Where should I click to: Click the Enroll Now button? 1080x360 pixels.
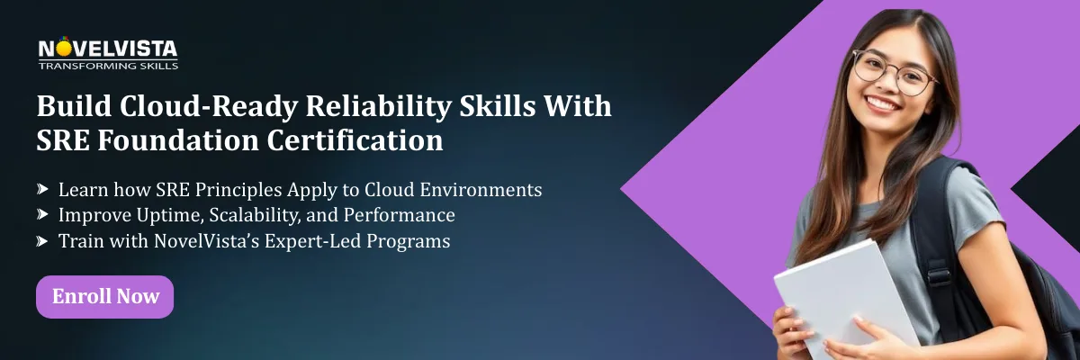tap(104, 296)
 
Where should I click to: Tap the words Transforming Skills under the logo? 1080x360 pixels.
tap(108, 66)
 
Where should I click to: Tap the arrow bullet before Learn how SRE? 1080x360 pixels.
tap(42, 191)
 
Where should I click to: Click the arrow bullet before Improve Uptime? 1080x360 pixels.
tap(42, 216)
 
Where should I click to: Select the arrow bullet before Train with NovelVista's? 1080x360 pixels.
tap(42, 241)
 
